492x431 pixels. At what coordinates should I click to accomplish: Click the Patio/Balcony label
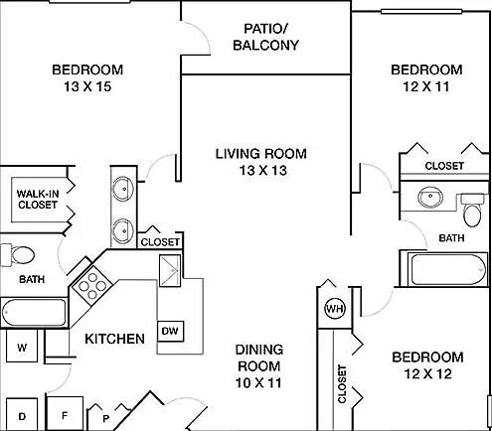tap(265, 37)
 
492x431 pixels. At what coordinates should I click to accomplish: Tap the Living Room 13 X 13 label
tap(261, 162)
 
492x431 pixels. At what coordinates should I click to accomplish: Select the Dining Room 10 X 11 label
tap(259, 366)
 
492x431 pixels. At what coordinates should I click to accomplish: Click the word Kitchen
tap(114, 339)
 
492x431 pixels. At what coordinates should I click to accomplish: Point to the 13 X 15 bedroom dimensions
tap(87, 86)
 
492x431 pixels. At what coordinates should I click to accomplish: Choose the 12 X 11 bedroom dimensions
tap(426, 86)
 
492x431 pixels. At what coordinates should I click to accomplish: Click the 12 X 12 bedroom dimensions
tap(427, 374)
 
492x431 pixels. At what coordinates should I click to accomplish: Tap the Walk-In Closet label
tap(38, 200)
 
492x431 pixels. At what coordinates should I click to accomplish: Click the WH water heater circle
tap(335, 309)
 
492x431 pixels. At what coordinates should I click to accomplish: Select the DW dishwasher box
tap(170, 331)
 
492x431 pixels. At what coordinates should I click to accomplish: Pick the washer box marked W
tap(22, 346)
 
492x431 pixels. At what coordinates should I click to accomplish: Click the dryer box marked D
tap(22, 414)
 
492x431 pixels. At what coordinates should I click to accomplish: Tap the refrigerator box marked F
tap(65, 413)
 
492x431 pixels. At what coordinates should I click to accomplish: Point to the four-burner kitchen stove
tap(92, 285)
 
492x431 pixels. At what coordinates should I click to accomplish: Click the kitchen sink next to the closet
tap(170, 270)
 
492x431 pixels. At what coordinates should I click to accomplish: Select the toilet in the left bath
tap(17, 255)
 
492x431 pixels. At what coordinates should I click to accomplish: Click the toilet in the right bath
tap(473, 210)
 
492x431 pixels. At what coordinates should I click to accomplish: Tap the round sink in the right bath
tap(430, 198)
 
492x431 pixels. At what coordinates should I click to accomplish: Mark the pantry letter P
tap(105, 419)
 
